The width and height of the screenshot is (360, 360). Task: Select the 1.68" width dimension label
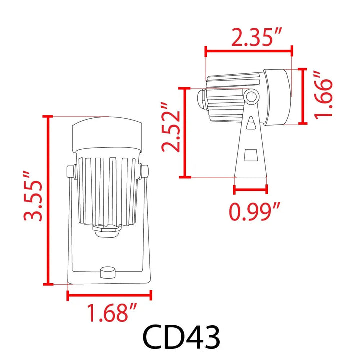coord(112,314)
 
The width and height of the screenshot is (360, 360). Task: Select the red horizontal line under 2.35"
coord(249,50)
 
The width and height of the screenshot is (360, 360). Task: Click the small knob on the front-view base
coord(107,271)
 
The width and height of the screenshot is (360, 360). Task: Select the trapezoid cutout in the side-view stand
coord(251,157)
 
